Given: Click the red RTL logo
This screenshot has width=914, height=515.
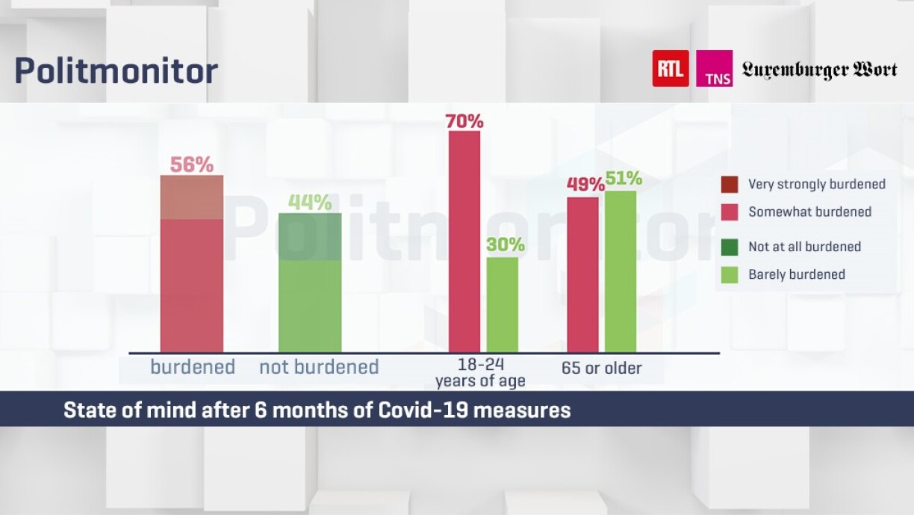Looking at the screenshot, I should pos(670,69).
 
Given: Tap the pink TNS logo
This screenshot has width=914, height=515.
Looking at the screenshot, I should pos(714,69).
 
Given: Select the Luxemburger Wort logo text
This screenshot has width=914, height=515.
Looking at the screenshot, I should pos(819,70).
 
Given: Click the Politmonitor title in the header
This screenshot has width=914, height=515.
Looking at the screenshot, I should pos(116,71).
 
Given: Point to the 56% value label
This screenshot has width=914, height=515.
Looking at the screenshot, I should pos(192,164).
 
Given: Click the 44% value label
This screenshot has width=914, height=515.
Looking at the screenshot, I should pos(310,203).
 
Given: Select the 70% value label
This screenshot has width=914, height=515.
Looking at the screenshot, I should pos(464,120).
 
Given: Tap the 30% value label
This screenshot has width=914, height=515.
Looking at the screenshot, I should pos(506,245).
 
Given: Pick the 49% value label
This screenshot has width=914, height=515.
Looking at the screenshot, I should pos(585,185).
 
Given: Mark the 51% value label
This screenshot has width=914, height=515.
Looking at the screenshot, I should pos(624,179).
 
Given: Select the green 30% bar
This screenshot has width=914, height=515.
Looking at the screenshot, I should pos(502,304).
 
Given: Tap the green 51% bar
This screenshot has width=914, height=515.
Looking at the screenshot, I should pos(621,271).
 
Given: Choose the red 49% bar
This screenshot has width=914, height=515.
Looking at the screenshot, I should pos(582,274).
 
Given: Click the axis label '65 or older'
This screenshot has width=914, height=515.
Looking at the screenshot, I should pos(601,368).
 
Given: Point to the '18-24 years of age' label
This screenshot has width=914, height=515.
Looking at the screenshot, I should pos(480,373).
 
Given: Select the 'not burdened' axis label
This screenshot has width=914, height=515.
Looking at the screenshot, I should pos(319,367).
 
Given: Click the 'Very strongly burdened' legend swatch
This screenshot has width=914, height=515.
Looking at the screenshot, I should pos(729,184).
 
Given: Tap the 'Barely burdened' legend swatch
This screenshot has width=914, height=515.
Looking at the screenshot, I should pos(729,274).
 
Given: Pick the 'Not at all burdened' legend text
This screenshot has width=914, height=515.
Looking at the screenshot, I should pos(804,247).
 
